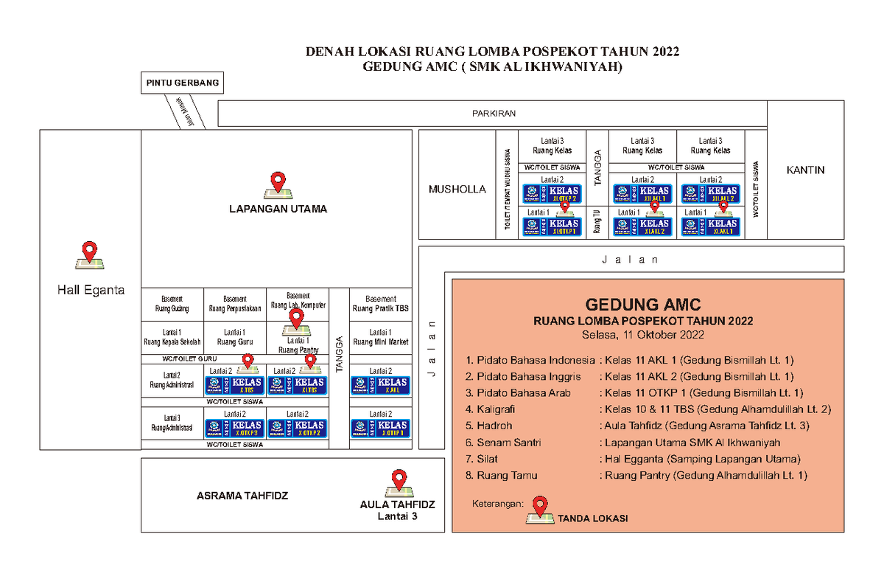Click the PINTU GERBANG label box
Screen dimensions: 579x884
point(182,83)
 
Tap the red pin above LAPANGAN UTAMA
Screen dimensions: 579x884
point(278,181)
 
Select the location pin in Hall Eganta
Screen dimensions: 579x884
point(90,252)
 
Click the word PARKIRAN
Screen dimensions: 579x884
point(494,114)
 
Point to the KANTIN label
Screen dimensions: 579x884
point(805,170)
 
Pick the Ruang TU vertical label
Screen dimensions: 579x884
point(597,221)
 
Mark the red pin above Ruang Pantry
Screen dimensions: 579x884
point(297,319)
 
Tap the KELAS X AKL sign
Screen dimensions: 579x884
point(379,386)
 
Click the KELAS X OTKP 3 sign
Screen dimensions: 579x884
point(234,429)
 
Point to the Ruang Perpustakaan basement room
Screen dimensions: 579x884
point(235,304)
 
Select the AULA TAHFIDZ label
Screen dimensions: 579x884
point(398,505)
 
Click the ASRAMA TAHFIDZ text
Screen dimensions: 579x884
point(242,496)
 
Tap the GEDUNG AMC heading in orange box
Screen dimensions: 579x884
point(642,304)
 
